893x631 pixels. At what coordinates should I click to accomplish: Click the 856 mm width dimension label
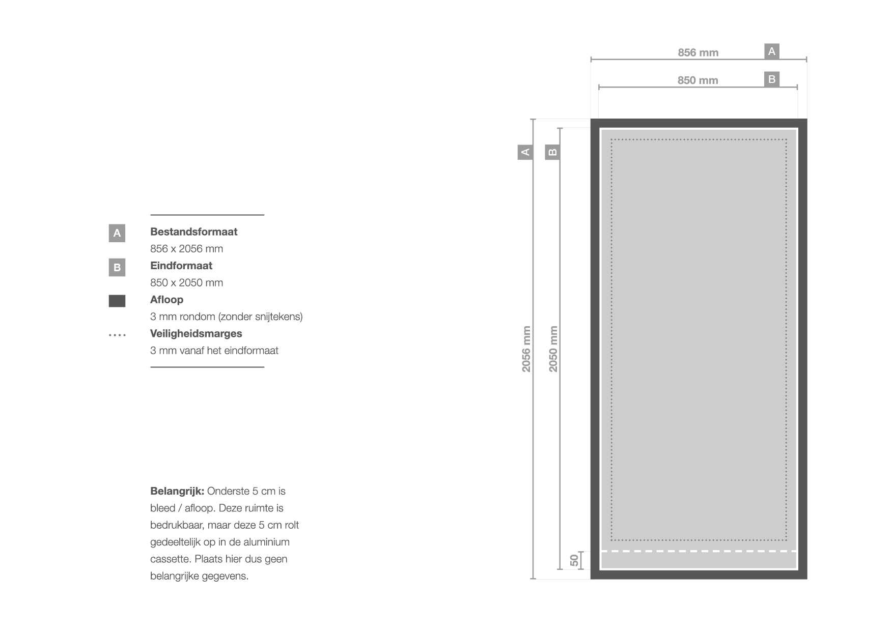click(x=698, y=52)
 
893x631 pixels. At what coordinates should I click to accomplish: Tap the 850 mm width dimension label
click(x=697, y=80)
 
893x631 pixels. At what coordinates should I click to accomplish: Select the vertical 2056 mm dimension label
click(x=526, y=349)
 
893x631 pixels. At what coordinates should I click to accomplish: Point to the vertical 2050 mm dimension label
click(x=553, y=349)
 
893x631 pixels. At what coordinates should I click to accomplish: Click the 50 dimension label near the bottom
click(x=574, y=560)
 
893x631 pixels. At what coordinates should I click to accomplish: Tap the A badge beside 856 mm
click(x=772, y=51)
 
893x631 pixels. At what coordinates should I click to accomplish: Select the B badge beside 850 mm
click(x=772, y=79)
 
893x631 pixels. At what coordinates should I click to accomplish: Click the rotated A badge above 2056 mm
click(x=525, y=152)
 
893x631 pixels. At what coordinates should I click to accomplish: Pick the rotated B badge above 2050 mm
click(x=552, y=152)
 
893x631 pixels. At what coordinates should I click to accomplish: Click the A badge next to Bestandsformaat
click(x=117, y=233)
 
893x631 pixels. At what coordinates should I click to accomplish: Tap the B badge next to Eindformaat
click(x=117, y=267)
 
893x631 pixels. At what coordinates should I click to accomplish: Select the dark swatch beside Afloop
click(x=117, y=301)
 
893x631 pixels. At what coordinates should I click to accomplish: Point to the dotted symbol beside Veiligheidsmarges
click(x=117, y=335)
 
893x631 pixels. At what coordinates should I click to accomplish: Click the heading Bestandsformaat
click(x=193, y=232)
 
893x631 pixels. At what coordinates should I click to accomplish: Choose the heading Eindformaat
click(x=181, y=266)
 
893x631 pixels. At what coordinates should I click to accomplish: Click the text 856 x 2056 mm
click(x=186, y=249)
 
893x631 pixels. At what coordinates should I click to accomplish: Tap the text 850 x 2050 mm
click(x=186, y=283)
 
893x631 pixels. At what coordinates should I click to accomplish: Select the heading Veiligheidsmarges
click(x=196, y=334)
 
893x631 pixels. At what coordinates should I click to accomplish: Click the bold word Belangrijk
click(x=177, y=492)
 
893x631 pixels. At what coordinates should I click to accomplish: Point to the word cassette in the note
click(x=170, y=559)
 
